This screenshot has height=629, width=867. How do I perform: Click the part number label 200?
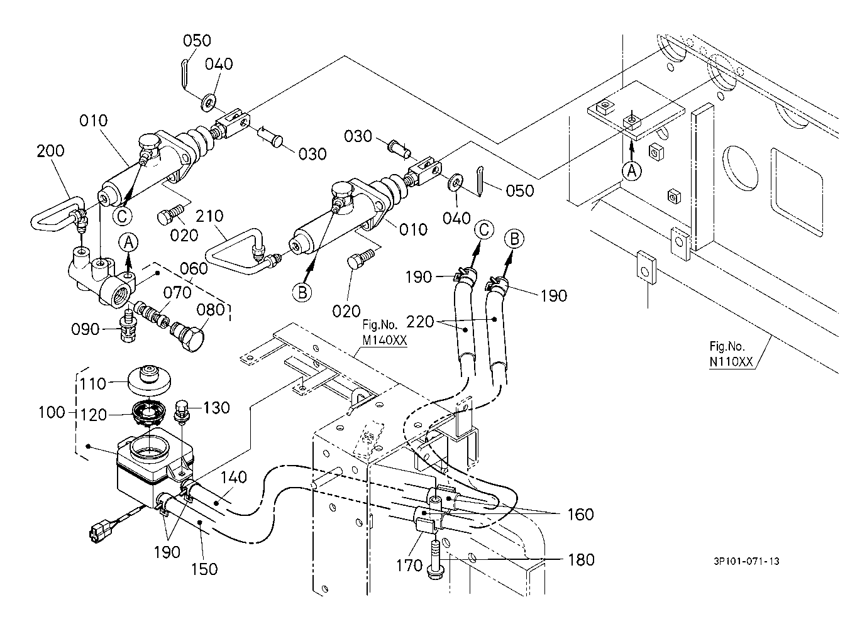50,151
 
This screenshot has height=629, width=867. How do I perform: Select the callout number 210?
209,216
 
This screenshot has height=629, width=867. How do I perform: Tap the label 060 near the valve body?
194,268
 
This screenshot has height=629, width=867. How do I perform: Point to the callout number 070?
177,292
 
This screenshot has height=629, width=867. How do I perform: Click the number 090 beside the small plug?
85,329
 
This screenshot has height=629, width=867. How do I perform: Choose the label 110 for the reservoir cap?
93,384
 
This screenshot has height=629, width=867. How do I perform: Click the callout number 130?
216,408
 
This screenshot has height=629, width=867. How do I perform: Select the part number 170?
409,566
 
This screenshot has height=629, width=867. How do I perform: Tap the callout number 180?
581,560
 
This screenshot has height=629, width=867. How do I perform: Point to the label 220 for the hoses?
421,322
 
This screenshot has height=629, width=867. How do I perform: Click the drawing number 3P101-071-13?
746,561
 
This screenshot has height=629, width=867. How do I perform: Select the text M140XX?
384,340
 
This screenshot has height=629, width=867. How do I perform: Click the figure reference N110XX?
731,361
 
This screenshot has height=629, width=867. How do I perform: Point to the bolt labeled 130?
182,412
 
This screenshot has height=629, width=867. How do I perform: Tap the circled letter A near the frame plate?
631,170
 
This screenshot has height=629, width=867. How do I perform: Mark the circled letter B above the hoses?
514,239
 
